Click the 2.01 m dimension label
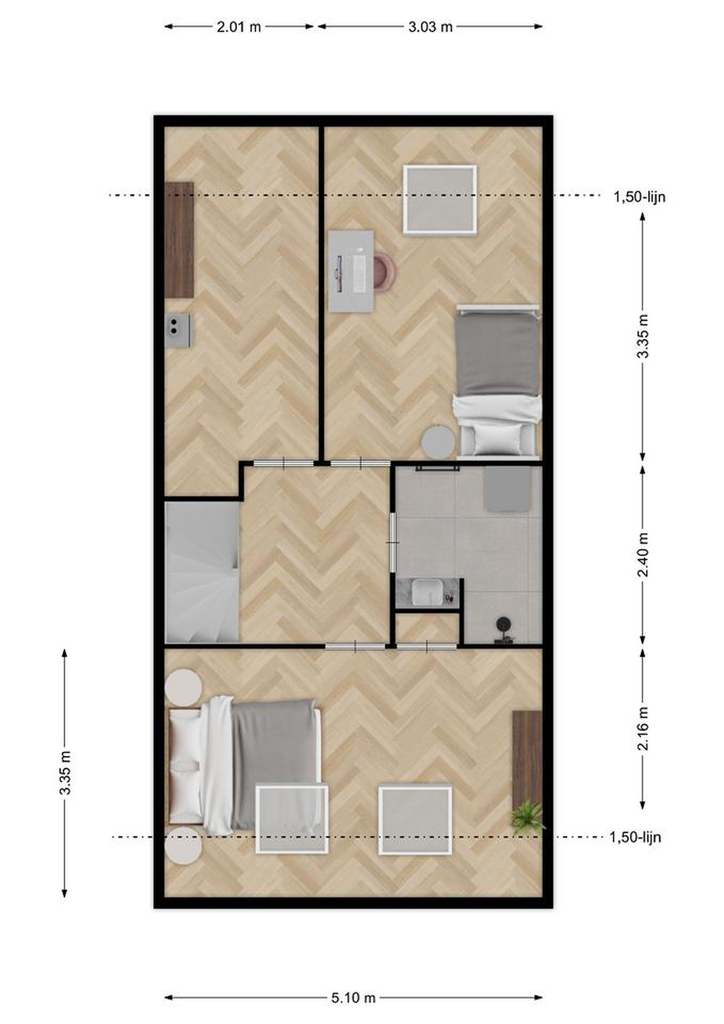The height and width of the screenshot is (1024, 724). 238,27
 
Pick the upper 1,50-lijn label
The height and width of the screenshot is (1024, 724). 639,197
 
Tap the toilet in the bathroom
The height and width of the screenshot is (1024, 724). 505,630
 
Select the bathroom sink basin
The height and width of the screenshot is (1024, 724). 427,592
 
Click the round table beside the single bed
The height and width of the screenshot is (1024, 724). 439,442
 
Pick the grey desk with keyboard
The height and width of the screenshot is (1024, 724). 351,271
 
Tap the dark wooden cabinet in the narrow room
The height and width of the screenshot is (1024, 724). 179,240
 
